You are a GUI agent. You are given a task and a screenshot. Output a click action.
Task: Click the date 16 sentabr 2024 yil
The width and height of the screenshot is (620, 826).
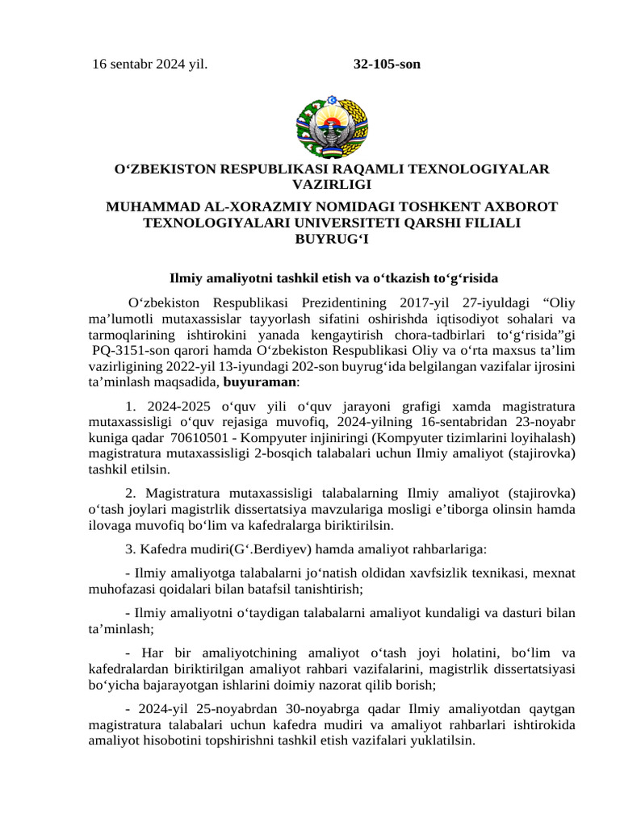149,64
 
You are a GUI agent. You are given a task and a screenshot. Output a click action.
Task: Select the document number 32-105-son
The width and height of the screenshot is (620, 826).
387,64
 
